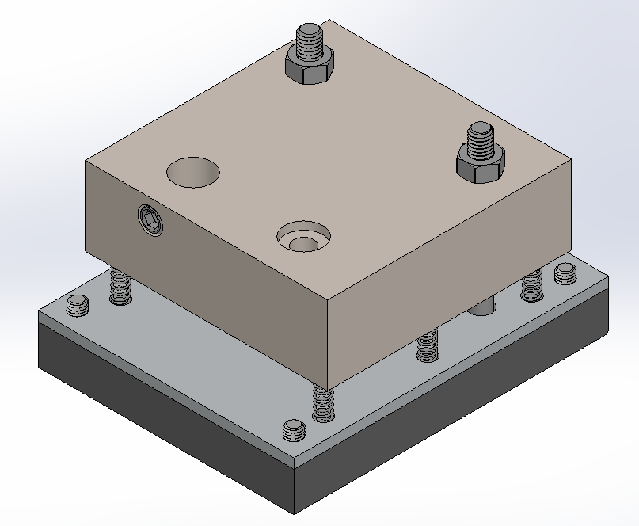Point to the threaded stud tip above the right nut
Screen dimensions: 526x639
pos(481,136)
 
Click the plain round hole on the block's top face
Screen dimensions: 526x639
pos(192,171)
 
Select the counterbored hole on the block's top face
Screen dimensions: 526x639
pos(303,236)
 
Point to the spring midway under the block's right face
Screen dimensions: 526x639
pos(427,345)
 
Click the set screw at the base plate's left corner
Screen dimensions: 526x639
pos(77,305)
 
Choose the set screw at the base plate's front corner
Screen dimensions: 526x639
pos(294,431)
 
